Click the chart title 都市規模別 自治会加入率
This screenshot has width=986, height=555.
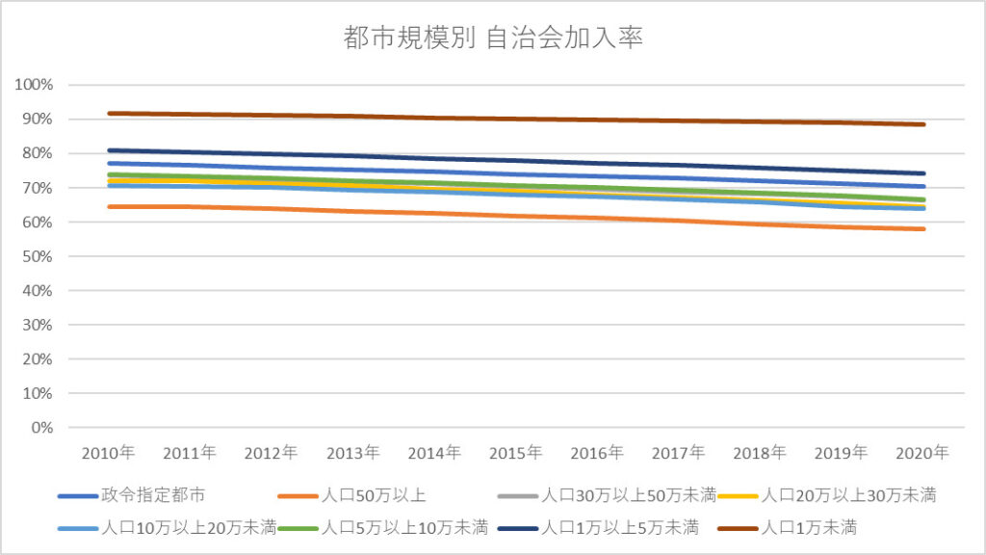click(x=493, y=39)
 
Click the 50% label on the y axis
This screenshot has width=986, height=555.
click(x=37, y=256)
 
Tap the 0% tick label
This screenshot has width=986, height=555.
click(x=40, y=428)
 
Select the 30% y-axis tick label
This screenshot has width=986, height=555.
click(x=37, y=325)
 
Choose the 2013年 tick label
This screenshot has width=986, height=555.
click(x=353, y=452)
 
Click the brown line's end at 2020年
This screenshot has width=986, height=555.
click(x=923, y=124)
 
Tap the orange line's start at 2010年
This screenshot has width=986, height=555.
click(x=109, y=206)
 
